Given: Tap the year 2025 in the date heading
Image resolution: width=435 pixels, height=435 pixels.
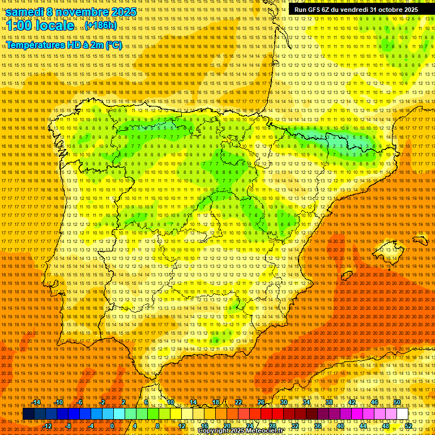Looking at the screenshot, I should pyautogui.click(x=124, y=12).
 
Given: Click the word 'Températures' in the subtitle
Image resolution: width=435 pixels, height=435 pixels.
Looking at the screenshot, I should pyautogui.click(x=35, y=45).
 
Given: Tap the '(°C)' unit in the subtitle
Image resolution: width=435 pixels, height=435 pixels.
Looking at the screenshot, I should pyautogui.click(x=113, y=45).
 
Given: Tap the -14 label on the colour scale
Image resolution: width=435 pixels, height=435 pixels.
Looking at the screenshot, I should pyautogui.click(x=36, y=402).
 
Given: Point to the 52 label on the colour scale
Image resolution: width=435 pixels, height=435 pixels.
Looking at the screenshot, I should pyautogui.click(x=408, y=426).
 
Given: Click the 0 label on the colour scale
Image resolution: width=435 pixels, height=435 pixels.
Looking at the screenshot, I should pyautogui.click(x=112, y=426).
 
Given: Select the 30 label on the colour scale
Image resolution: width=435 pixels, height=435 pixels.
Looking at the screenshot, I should pyautogui.click(x=284, y=402).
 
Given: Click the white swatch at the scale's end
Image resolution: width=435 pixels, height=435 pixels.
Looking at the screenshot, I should pyautogui.click(x=402, y=414).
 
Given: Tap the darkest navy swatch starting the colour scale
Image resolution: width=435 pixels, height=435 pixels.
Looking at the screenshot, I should pyautogui.click(x=28, y=414).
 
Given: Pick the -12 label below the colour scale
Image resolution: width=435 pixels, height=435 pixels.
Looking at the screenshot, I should pyautogui.click(x=48, y=426).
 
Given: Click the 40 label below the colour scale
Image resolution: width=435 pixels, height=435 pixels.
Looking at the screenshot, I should pyautogui.click(x=340, y=426).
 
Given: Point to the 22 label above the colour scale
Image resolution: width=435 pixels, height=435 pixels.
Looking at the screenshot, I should pyautogui.click(x=238, y=402).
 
